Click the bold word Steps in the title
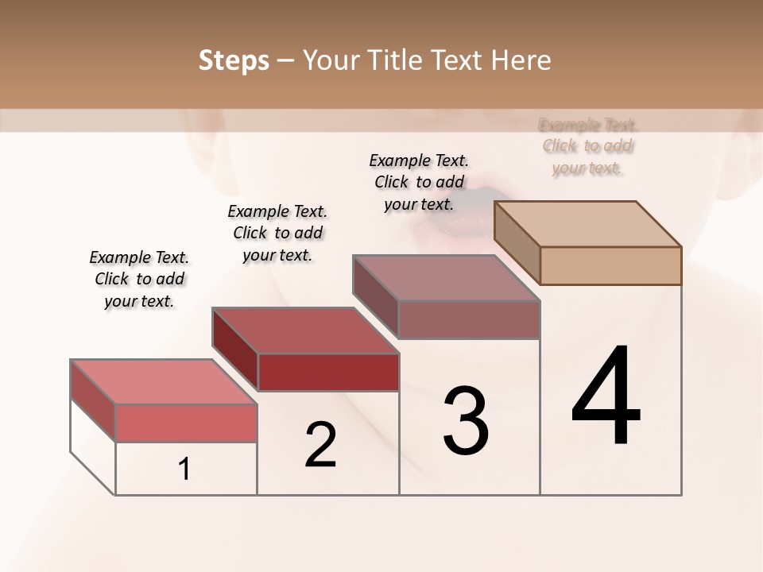(x=234, y=60)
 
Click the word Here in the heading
(x=521, y=60)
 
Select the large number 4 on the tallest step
(x=606, y=397)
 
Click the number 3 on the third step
(x=465, y=421)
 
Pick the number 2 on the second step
(x=320, y=445)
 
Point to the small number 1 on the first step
(x=184, y=470)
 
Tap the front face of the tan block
(x=610, y=265)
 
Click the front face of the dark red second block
(x=328, y=372)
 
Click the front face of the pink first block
(x=186, y=423)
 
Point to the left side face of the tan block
(x=517, y=242)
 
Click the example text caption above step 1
(x=139, y=279)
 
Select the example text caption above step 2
(x=277, y=233)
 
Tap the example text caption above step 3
(x=419, y=182)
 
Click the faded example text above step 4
(x=588, y=146)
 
